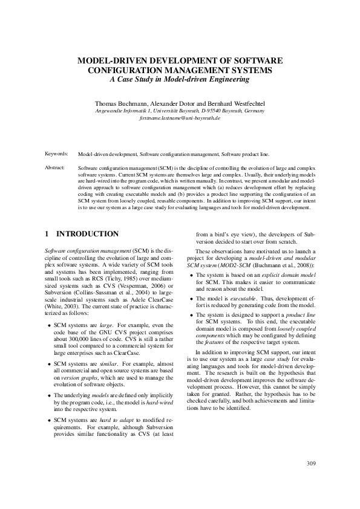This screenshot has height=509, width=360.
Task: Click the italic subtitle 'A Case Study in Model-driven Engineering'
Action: point(180,79)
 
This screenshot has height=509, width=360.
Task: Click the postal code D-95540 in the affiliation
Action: point(231,111)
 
